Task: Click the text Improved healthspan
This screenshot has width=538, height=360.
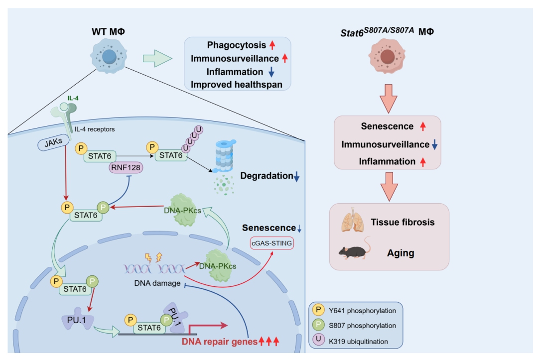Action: [237, 85]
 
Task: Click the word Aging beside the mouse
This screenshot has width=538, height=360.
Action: [401, 252]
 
